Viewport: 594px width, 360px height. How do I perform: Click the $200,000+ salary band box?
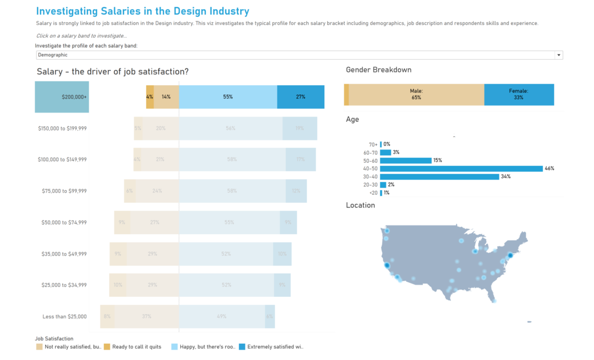(x=62, y=97)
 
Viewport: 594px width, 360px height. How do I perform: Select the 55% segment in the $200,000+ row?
(x=228, y=97)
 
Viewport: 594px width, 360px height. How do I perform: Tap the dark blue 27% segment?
(x=300, y=97)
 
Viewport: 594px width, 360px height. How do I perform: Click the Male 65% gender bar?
(x=416, y=94)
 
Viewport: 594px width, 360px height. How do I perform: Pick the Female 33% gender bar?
(x=519, y=94)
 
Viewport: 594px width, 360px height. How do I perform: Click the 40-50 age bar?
(x=461, y=169)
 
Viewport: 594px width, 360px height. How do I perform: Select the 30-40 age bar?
(x=440, y=177)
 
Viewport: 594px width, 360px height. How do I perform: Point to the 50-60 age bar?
(x=406, y=161)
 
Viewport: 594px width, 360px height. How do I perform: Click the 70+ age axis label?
(x=372, y=144)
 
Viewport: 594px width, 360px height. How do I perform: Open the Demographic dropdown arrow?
(x=559, y=55)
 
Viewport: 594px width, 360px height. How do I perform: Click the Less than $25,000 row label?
(x=64, y=317)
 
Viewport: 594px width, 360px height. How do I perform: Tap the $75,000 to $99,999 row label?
(x=64, y=191)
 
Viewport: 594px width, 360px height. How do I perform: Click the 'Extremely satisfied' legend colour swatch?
(x=242, y=347)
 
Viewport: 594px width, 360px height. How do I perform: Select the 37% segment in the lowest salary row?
(x=147, y=317)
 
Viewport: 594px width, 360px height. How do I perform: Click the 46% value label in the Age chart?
(x=549, y=169)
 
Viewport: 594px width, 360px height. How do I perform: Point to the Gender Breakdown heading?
(x=378, y=70)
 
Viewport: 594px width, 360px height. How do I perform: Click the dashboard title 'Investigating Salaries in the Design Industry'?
(x=143, y=11)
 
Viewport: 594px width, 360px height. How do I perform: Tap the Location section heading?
(x=360, y=205)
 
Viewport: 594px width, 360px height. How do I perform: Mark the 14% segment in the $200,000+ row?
(x=166, y=97)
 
